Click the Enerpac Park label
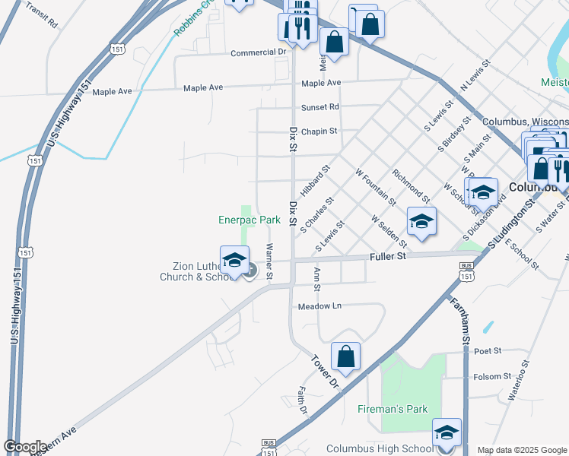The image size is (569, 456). (250, 220)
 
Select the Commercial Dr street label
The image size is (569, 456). (258, 52)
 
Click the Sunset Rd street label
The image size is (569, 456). (319, 107)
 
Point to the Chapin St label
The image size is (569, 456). (319, 131)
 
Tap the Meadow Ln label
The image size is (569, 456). (320, 306)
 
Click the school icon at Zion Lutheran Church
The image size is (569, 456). (234, 260)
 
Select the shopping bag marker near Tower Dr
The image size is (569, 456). (345, 356)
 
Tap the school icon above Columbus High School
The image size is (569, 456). (447, 432)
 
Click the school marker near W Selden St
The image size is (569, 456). (421, 221)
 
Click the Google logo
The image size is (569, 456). (25, 447)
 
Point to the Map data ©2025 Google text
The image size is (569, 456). (522, 450)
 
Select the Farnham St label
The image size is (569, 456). (464, 312)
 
